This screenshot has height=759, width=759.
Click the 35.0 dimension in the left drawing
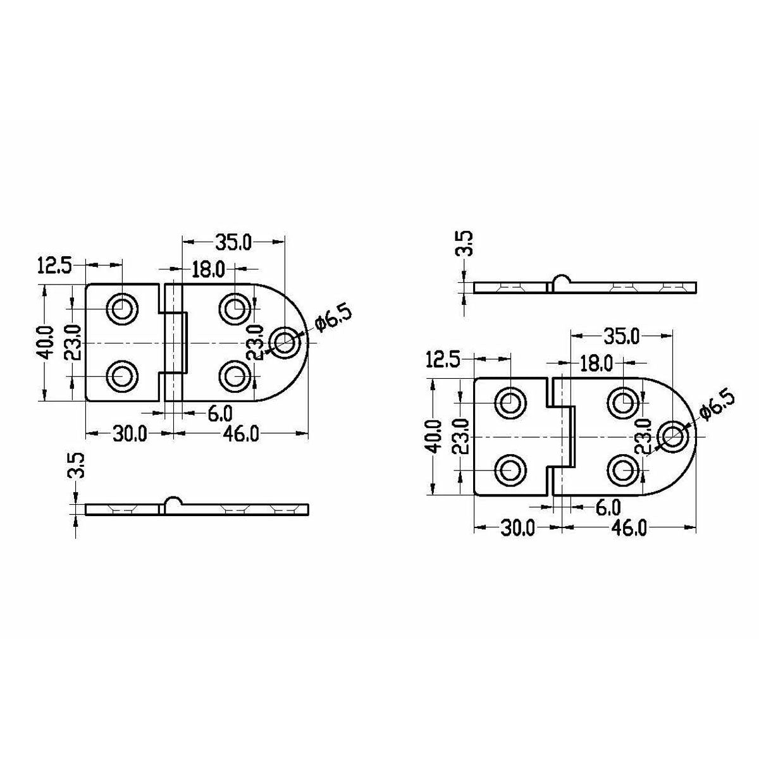point(233,242)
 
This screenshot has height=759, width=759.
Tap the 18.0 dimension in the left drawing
point(208,270)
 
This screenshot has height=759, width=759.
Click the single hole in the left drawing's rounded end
point(284,342)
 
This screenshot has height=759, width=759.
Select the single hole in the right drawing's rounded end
point(673,437)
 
